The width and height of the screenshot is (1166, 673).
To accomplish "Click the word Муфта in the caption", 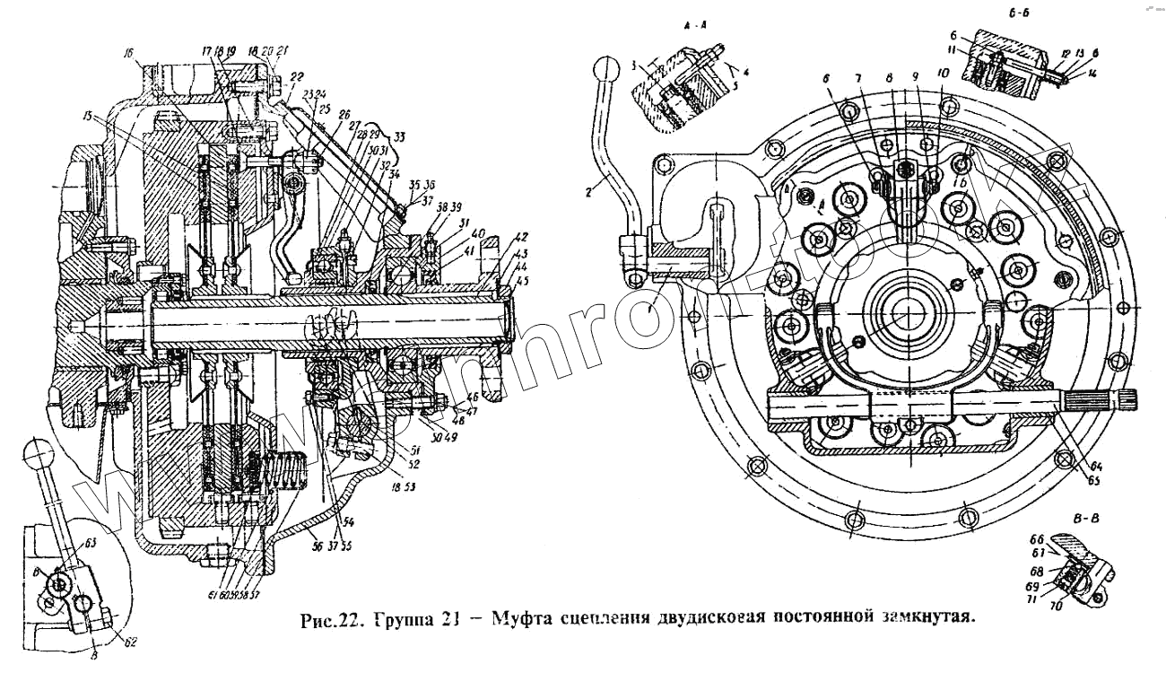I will pos(516,618).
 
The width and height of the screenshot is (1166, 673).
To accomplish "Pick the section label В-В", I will pos(1087,519).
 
